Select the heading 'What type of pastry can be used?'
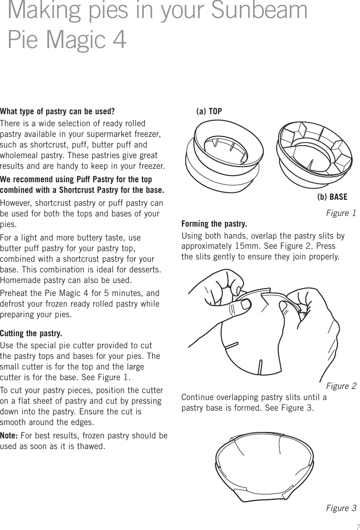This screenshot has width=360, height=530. point(57,111)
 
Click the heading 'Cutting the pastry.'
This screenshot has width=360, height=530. point(31,333)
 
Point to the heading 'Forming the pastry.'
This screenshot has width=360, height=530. point(214,224)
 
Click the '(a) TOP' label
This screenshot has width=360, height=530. point(209,111)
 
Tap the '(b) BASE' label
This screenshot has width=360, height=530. point(332,197)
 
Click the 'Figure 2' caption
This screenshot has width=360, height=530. point(341,386)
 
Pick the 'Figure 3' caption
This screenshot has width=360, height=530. point(341,508)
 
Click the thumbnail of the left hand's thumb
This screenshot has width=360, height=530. point(242,304)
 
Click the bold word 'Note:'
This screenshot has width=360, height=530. point(10,437)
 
